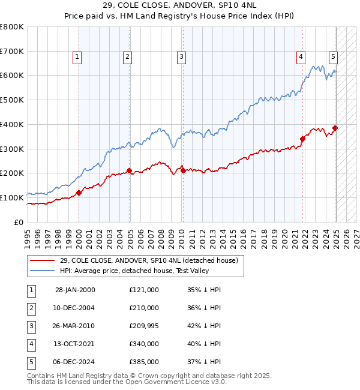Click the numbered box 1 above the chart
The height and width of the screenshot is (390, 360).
click(x=78, y=58)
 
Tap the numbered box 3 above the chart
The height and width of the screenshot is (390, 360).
click(x=181, y=58)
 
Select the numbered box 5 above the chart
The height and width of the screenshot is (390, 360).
click(x=333, y=58)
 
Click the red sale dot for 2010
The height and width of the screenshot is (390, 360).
click(x=182, y=171)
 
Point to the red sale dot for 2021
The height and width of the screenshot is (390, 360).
click(x=302, y=139)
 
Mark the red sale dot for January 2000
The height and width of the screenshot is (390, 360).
click(x=79, y=193)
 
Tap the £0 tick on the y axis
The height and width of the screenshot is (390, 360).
click(x=19, y=222)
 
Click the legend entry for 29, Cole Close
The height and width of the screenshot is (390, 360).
click(x=149, y=260)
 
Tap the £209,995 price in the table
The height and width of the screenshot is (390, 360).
click(x=143, y=326)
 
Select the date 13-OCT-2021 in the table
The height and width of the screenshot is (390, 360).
click(x=75, y=344)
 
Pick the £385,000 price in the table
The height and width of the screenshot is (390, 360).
click(x=143, y=362)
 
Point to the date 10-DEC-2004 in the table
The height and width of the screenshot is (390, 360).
click(x=75, y=308)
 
